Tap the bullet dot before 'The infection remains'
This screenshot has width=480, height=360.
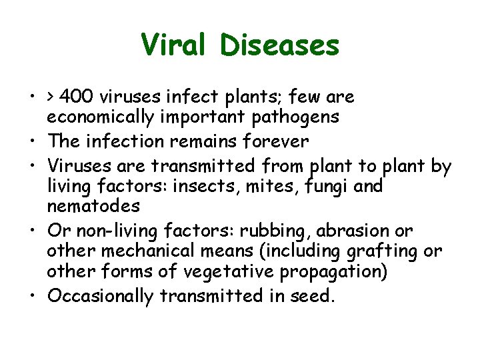click(x=33, y=142)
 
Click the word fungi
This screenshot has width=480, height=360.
click(x=323, y=187)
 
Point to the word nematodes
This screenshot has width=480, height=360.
click(x=93, y=207)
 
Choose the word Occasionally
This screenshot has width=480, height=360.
click(x=100, y=297)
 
